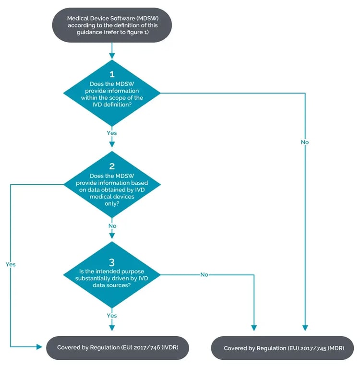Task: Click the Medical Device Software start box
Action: [112, 25]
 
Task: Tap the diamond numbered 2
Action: [112, 184]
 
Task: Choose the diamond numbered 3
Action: [112, 275]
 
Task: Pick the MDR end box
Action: [283, 348]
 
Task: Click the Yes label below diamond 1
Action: [112, 133]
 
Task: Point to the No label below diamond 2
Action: [112, 225]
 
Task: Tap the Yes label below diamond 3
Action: [112, 316]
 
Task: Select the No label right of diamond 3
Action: [204, 275]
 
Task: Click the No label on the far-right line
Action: [305, 142]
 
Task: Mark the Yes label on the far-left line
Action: [11, 264]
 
